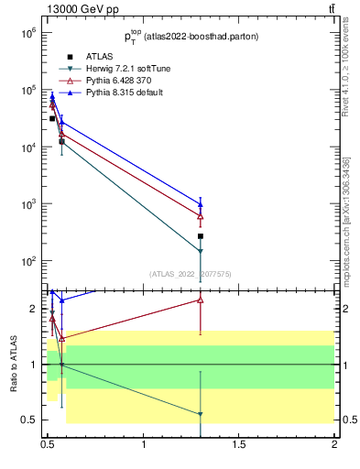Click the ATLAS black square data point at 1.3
(201, 235)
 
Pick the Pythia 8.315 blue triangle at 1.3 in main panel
(201, 204)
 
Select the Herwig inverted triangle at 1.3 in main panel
(201, 251)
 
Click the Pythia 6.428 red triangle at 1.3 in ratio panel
(201, 300)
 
